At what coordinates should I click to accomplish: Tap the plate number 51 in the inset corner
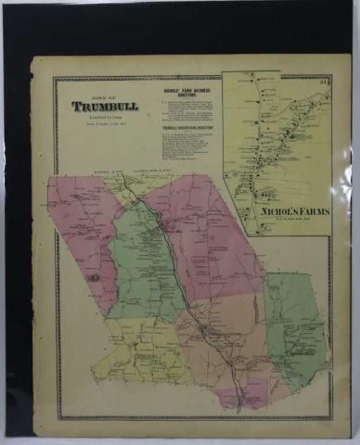click(x=321, y=84)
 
